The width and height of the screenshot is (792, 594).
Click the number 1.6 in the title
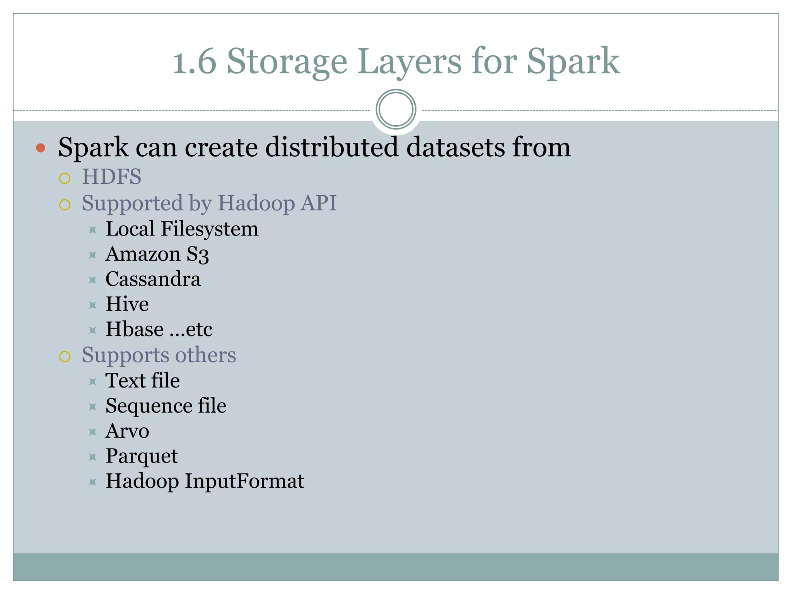point(194,62)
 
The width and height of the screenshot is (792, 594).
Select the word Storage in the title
point(287,62)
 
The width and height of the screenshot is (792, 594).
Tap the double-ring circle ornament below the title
point(396,109)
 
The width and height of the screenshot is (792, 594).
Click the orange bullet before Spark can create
point(41,148)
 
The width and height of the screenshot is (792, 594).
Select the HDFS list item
point(111,177)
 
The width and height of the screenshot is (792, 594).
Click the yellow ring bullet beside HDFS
point(65,178)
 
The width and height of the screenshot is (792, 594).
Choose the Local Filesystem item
point(182,229)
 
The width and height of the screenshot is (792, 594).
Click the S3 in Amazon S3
point(198,254)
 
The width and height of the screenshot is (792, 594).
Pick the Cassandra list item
point(153,279)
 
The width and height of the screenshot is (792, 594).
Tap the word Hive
point(127,304)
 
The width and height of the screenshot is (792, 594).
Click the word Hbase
point(135,329)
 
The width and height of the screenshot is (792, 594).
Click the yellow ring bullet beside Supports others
point(65,356)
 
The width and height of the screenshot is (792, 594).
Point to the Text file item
point(143,381)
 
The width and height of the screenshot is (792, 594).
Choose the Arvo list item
point(127,431)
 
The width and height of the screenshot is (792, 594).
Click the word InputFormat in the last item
point(244,481)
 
